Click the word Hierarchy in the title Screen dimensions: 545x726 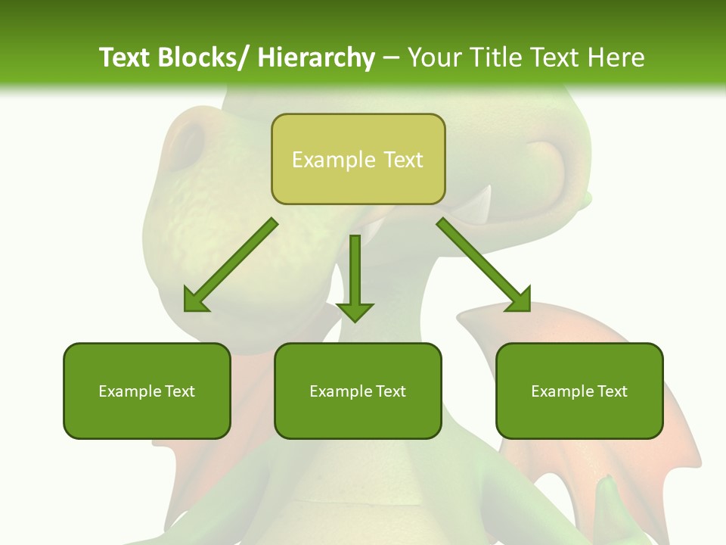pyautogui.click(x=316, y=58)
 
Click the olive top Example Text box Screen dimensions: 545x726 pyautogui.click(x=358, y=159)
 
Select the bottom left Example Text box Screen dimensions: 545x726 pyautogui.click(x=147, y=391)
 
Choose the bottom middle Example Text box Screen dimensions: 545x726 pyautogui.click(x=358, y=391)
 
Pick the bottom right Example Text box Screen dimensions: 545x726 pyautogui.click(x=579, y=391)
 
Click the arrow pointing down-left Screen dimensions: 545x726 pyautogui.click(x=231, y=265)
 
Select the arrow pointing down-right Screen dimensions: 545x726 pyautogui.click(x=484, y=265)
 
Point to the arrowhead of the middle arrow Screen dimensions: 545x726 pyautogui.click(x=355, y=311)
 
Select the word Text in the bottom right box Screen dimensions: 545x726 pyautogui.click(x=611, y=391)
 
